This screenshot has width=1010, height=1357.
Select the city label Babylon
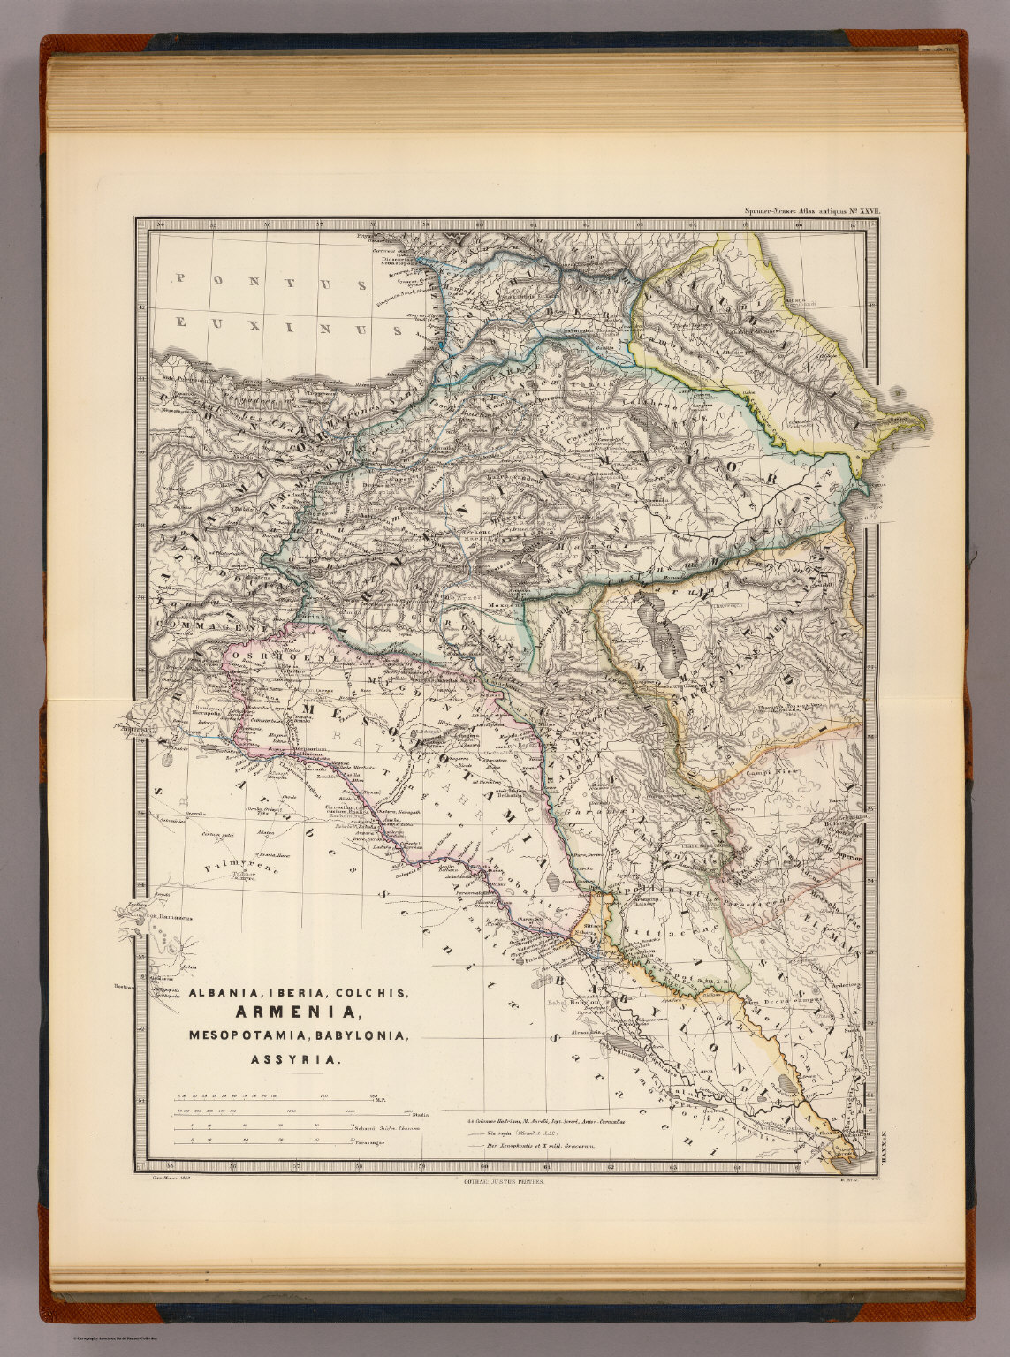tap(584, 1003)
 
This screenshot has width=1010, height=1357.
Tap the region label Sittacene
tap(655, 931)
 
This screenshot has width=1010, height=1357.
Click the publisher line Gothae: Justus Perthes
tap(500, 1179)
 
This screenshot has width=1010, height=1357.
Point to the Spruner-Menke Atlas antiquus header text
tap(802, 212)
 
